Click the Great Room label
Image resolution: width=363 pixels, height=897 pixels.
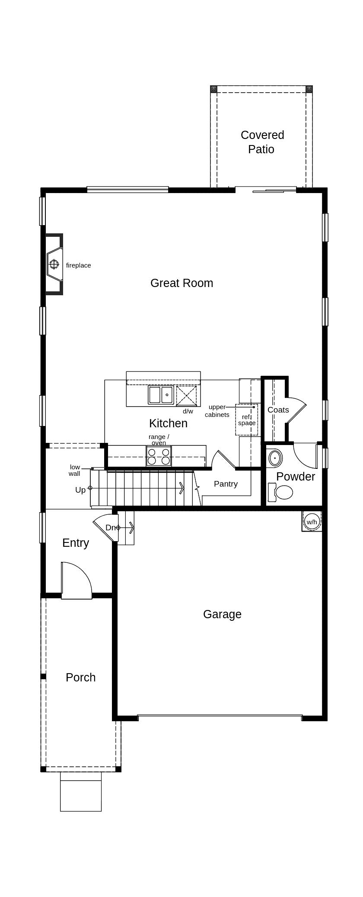(x=181, y=283)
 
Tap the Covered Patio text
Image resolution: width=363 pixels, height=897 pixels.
(x=262, y=142)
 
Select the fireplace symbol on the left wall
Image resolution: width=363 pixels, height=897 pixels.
(x=54, y=264)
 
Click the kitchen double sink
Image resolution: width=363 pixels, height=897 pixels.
(x=161, y=395)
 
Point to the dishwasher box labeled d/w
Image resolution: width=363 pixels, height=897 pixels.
(x=186, y=395)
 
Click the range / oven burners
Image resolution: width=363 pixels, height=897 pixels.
(x=159, y=456)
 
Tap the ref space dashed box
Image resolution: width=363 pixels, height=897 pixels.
(x=246, y=419)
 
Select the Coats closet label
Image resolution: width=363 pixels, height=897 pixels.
(x=278, y=410)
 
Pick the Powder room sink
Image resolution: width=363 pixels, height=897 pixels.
(x=275, y=458)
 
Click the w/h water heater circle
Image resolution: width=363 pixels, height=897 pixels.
(x=312, y=522)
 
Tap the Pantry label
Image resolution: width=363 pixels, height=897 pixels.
(x=226, y=484)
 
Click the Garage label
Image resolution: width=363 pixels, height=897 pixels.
(x=222, y=614)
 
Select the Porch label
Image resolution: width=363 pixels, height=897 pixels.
(x=80, y=678)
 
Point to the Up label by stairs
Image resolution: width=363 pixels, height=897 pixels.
(x=80, y=490)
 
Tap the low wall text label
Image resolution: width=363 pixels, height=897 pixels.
(x=75, y=470)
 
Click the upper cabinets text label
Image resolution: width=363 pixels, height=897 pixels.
(x=217, y=411)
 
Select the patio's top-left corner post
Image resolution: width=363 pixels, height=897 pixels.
(x=213, y=89)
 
